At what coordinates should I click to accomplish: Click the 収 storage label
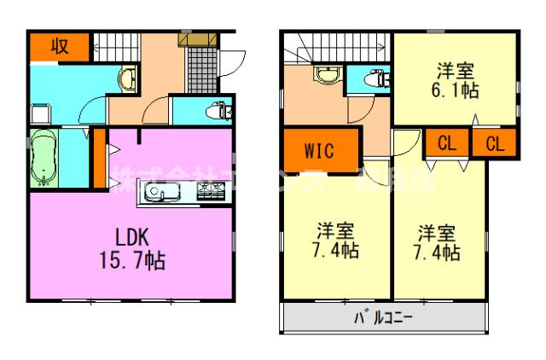[59, 46]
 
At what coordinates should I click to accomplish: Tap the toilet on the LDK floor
[217, 110]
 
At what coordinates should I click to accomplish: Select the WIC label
[319, 153]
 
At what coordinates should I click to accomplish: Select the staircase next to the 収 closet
[115, 44]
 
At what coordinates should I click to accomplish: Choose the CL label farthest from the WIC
[496, 144]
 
